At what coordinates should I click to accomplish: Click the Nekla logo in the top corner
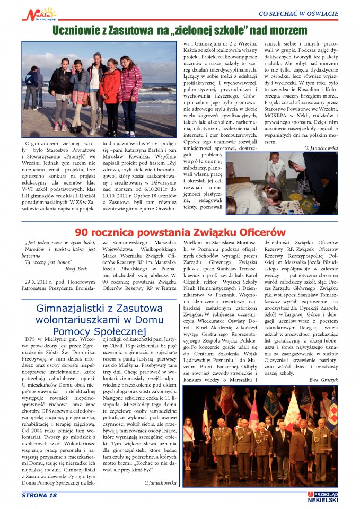pos(38,13)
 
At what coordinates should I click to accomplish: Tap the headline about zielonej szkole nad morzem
pos(180,30)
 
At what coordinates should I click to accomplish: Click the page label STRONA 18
pos(39,495)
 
